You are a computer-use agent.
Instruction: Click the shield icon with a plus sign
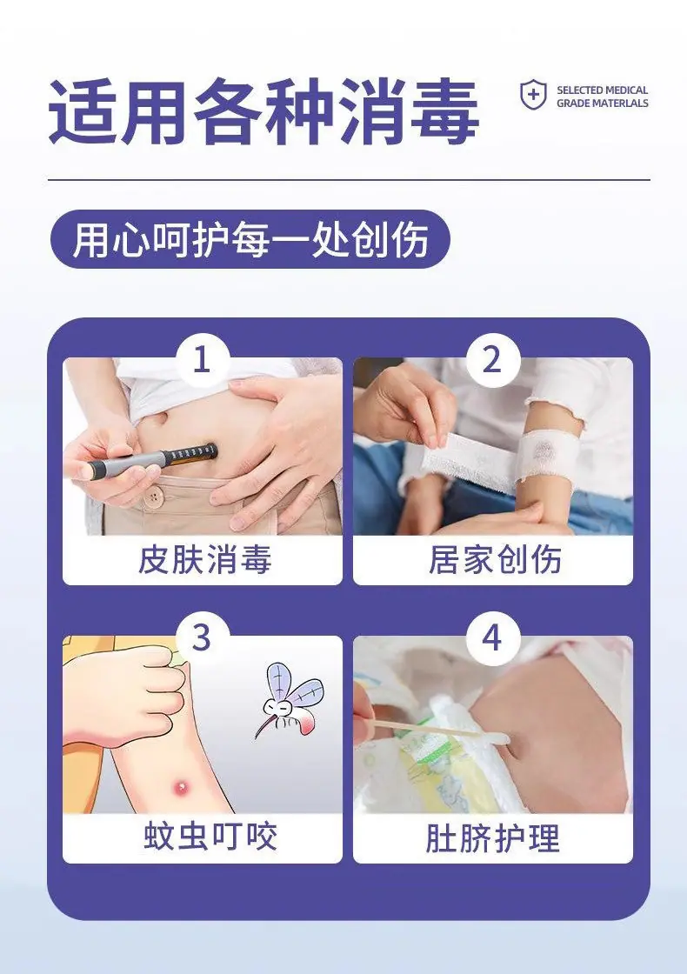[x=532, y=95]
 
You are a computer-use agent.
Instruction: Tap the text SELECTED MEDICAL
[x=602, y=90]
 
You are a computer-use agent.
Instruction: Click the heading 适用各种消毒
[x=263, y=111]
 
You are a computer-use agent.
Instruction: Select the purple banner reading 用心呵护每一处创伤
[x=250, y=239]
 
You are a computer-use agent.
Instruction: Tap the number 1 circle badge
[x=202, y=358]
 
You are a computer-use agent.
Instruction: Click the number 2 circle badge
[x=492, y=358]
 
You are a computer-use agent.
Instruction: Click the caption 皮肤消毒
[x=204, y=559]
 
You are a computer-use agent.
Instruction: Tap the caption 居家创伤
[x=495, y=559]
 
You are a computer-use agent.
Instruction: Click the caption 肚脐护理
[x=492, y=837]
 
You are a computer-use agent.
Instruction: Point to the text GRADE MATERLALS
[x=602, y=103]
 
